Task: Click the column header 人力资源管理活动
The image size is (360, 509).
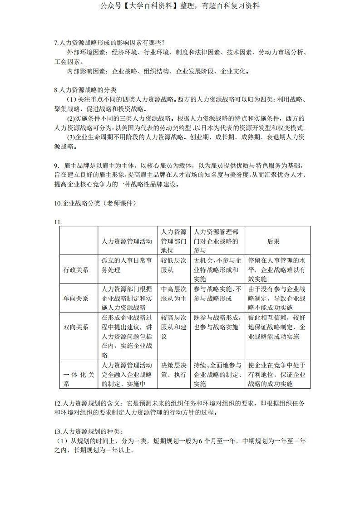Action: (x=127, y=241)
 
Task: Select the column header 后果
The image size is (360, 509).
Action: (x=273, y=241)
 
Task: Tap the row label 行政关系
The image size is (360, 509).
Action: (x=76, y=270)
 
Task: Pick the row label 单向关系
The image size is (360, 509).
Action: (x=76, y=298)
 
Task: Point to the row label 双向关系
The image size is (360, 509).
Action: (x=76, y=327)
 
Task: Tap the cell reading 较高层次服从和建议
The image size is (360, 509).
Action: (x=173, y=327)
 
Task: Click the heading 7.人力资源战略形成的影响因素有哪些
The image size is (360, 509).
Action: (x=109, y=43)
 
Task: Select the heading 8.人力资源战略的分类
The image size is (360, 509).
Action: (x=85, y=90)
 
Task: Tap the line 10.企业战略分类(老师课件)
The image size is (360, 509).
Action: (x=95, y=203)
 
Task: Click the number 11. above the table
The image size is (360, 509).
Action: (x=58, y=222)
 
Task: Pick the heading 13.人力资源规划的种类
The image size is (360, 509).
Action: (x=88, y=431)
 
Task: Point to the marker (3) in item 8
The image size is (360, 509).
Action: (x=71, y=137)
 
